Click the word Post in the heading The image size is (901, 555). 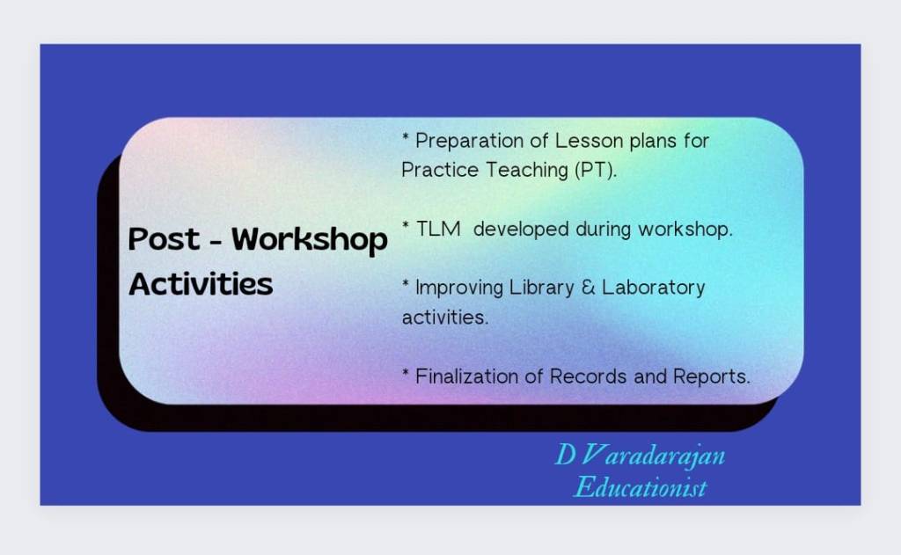[x=164, y=238]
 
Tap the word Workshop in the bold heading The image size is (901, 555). [x=310, y=240]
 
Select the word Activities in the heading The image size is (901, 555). [x=201, y=284]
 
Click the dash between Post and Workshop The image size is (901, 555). [x=216, y=242]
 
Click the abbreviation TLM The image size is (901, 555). [x=438, y=229]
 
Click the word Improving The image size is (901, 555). [x=459, y=288]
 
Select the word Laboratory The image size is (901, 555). [x=654, y=288]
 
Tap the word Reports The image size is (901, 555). [x=711, y=377]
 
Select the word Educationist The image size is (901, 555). [x=641, y=487]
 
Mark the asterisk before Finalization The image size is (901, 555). [x=406, y=372]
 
